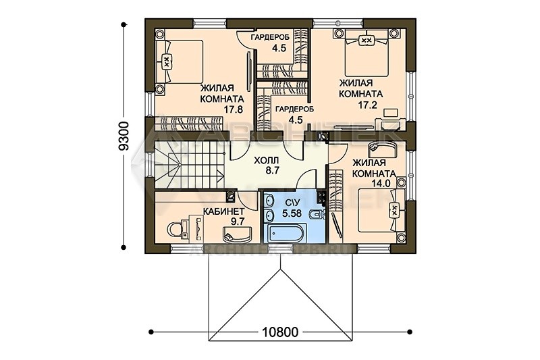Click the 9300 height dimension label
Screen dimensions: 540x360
pyautogui.click(x=124, y=135)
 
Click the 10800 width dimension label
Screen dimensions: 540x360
pyautogui.click(x=280, y=332)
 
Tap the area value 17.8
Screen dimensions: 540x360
pyautogui.click(x=234, y=109)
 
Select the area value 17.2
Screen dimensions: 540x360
pyautogui.click(x=367, y=105)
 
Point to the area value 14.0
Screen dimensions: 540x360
pyautogui.click(x=381, y=183)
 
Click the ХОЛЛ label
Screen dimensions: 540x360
pyautogui.click(x=266, y=160)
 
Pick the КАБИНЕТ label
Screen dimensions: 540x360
pyautogui.click(x=223, y=211)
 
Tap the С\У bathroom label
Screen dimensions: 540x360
pyautogui.click(x=292, y=203)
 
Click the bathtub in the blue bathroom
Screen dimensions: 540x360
pyautogui.click(x=286, y=233)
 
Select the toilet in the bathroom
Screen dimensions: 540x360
pyautogui.click(x=316, y=214)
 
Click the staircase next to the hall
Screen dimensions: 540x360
pyautogui.click(x=189, y=165)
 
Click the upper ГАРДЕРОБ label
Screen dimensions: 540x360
pyautogui.click(x=270, y=37)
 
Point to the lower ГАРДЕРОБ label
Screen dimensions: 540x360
pyautogui.click(x=294, y=109)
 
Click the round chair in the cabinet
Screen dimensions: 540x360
pyautogui.click(x=176, y=229)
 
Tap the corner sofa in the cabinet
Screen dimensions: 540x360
pyautogui.click(x=237, y=234)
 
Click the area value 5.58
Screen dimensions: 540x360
pyautogui.click(x=292, y=213)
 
